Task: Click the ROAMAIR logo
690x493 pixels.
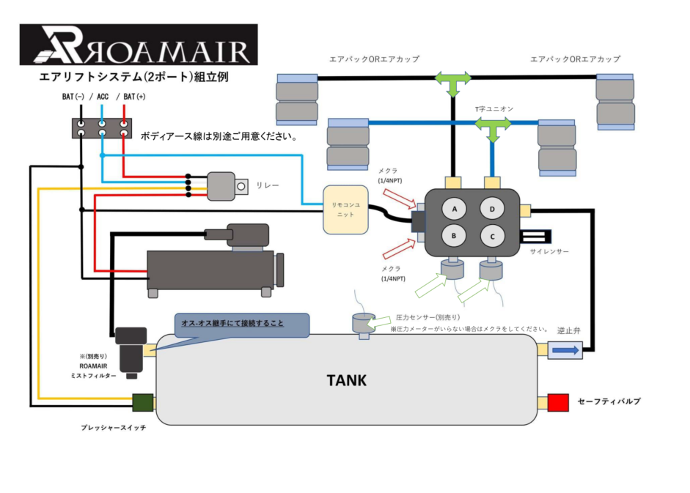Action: pos(138,45)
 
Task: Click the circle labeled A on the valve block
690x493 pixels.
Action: pos(454,210)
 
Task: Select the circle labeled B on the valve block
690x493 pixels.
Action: pos(454,236)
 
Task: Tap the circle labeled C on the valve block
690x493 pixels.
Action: pos(493,236)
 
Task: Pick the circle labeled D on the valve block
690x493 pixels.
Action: pos(493,210)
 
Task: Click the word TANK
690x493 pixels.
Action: pos(346,380)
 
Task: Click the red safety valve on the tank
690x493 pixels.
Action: pos(558,402)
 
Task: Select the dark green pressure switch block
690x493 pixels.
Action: pos(142,403)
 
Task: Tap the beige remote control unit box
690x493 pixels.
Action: pos(345,210)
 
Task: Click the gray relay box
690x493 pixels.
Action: pos(221,185)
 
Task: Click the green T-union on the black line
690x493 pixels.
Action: pos(454,81)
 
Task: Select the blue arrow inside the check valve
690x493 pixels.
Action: pos(565,351)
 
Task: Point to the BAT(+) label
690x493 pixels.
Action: pos(134,96)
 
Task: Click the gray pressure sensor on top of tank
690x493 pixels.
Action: pos(361,323)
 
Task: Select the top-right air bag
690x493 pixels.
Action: pos(614,99)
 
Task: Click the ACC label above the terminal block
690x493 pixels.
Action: pos(102,96)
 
